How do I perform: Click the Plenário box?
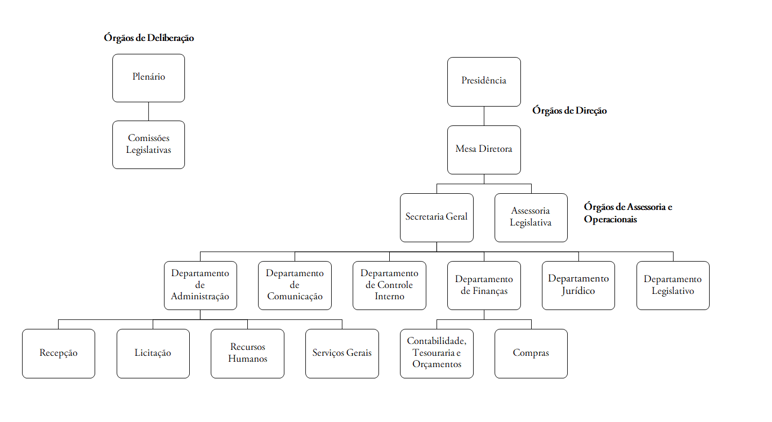148,78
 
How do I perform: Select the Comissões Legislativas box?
148,144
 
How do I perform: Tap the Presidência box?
484,81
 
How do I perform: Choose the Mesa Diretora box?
484,149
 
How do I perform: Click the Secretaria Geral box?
437,217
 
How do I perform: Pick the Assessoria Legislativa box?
531,217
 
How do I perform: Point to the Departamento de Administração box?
200,285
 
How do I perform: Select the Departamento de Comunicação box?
295,285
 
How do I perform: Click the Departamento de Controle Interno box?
389,285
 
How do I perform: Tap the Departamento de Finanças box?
484,285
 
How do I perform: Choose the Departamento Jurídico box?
578,285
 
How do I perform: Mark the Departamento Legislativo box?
673,285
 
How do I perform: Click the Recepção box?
58,353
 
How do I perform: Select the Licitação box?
153,353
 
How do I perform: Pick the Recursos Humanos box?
247,353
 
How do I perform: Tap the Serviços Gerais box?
342,353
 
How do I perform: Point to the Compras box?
531,353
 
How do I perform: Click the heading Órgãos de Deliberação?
149,38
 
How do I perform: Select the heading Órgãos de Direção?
569,110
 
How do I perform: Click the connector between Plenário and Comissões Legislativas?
148,111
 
